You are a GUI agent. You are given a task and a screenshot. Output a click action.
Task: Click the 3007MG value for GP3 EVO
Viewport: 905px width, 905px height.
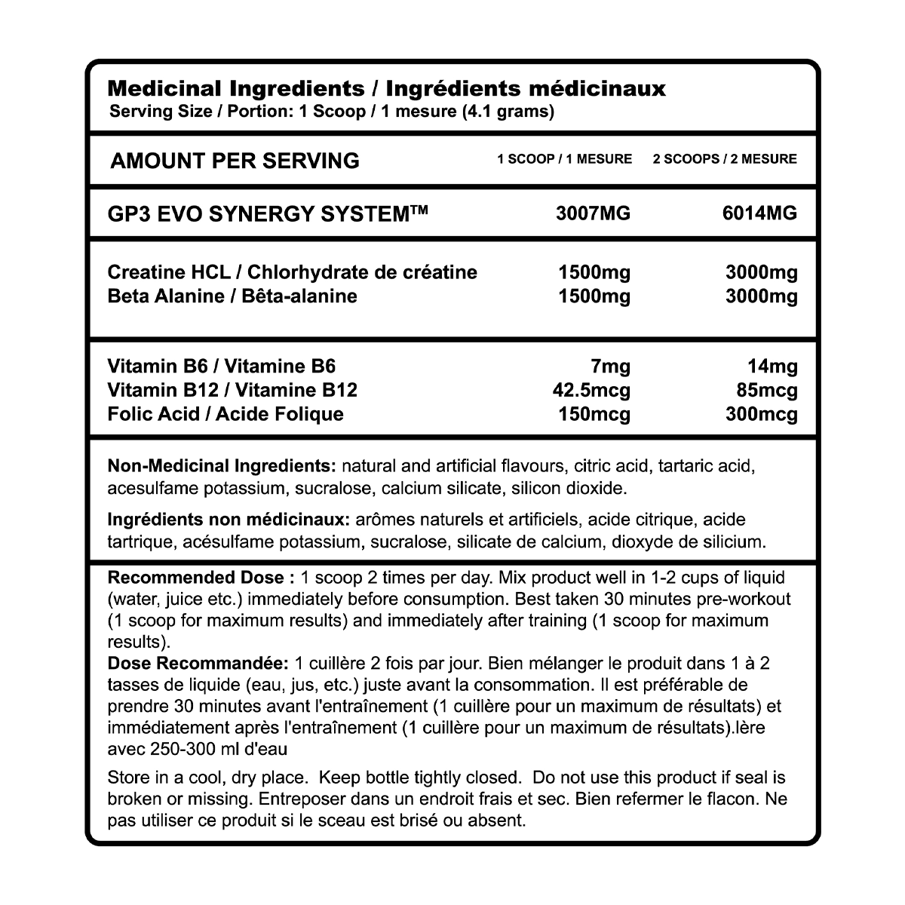(593, 213)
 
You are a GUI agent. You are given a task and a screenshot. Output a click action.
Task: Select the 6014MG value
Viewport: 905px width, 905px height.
(759, 213)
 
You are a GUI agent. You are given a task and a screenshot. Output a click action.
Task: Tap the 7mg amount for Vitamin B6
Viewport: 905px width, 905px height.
(611, 367)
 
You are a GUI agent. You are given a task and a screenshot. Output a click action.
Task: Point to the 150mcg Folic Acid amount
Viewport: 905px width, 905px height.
(594, 414)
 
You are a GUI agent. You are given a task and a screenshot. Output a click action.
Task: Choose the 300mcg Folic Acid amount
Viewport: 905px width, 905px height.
(761, 414)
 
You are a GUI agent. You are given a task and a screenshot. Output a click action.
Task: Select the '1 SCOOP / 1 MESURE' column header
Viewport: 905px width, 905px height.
(564, 159)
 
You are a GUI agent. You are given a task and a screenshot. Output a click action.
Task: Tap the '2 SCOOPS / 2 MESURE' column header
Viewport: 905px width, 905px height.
(725, 159)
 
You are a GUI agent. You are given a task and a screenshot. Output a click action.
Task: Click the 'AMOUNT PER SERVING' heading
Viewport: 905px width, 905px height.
(235, 161)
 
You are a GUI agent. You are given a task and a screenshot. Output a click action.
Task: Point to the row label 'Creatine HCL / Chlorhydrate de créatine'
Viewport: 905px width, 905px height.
(293, 271)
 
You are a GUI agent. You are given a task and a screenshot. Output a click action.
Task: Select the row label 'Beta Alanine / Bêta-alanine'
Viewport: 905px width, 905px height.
(232, 296)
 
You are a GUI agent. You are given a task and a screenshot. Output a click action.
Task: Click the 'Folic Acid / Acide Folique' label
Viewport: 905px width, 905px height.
(225, 414)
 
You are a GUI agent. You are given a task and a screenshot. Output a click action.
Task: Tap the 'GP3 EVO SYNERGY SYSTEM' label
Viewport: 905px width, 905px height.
(268, 213)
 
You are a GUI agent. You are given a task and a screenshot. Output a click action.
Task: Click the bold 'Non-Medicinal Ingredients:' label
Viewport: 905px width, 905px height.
(222, 465)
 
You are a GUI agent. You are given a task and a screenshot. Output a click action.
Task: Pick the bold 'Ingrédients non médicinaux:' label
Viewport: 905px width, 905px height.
(229, 520)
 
